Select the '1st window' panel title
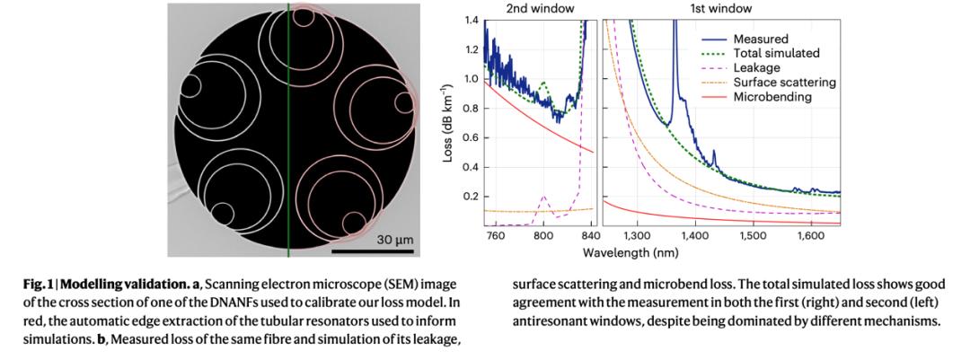pyautogui.click(x=723, y=8)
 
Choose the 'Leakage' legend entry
pyautogui.click(x=756, y=68)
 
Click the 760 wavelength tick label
pyautogui.click(x=495, y=236)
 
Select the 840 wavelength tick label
pyautogui.click(x=588, y=236)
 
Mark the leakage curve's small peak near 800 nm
pyautogui.click(x=543, y=196)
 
